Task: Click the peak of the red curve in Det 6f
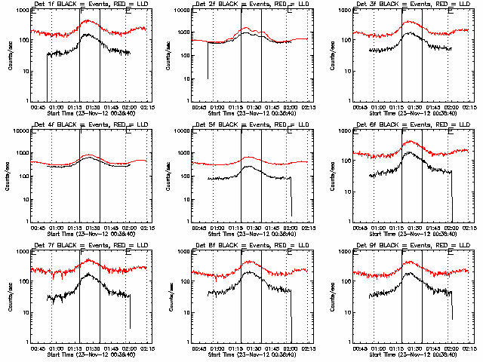410,141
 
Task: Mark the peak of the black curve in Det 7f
89,275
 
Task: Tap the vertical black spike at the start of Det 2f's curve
208,60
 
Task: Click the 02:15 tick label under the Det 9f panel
471,348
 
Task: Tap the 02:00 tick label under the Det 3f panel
451,106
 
